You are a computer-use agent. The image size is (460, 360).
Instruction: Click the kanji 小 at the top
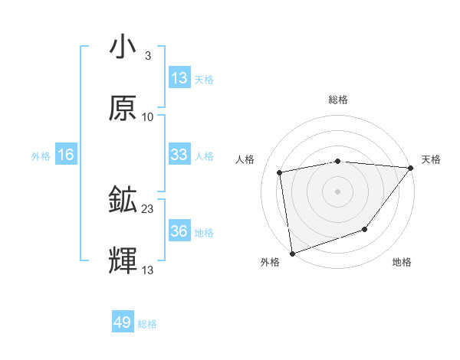tap(123, 47)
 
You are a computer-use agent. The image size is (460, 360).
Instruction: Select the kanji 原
tap(123, 109)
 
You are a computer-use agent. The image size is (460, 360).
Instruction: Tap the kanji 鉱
tap(123, 201)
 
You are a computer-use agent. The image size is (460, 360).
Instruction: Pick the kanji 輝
tap(123, 261)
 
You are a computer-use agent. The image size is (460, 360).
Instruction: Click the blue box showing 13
tap(179, 78)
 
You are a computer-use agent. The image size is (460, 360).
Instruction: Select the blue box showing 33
tap(179, 155)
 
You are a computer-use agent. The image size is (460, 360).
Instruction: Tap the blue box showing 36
tap(179, 231)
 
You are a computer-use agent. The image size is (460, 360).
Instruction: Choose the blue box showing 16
tap(66, 155)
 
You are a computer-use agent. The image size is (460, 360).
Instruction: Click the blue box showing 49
tap(123, 322)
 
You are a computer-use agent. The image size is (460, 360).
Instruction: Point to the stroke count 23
tap(148, 208)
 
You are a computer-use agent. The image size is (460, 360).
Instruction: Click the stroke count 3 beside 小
tap(147, 55)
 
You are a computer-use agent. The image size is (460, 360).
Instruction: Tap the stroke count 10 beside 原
tap(148, 116)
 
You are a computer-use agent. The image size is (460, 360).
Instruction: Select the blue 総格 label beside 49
tap(147, 324)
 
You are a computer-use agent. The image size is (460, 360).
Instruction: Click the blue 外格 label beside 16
tap(41, 155)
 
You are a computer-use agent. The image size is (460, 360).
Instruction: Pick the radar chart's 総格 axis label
tap(338, 100)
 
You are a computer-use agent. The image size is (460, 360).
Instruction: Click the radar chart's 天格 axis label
tap(432, 159)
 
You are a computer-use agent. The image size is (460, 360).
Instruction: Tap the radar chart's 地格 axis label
tap(402, 263)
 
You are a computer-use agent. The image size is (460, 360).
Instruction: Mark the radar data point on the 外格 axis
tap(292, 253)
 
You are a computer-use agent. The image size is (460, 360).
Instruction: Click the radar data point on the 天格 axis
tap(411, 168)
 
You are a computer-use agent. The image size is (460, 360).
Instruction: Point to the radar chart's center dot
tap(338, 191)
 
